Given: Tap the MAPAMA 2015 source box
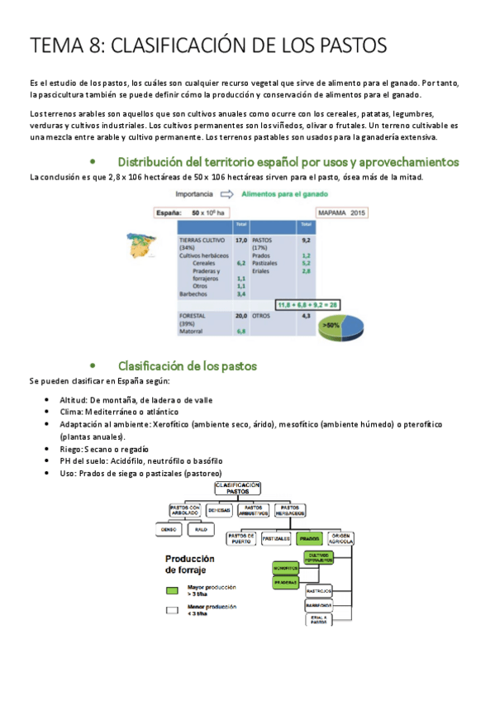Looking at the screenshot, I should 341,212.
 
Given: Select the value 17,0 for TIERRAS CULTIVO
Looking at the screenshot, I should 240,240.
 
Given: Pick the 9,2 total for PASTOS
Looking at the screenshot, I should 306,240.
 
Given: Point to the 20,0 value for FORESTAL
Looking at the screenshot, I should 240,316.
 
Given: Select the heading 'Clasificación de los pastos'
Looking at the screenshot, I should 188,365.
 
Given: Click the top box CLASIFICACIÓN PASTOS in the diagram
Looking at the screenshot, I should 238,488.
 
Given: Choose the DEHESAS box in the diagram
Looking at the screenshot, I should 219,511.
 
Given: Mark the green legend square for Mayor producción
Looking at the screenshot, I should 172,591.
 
